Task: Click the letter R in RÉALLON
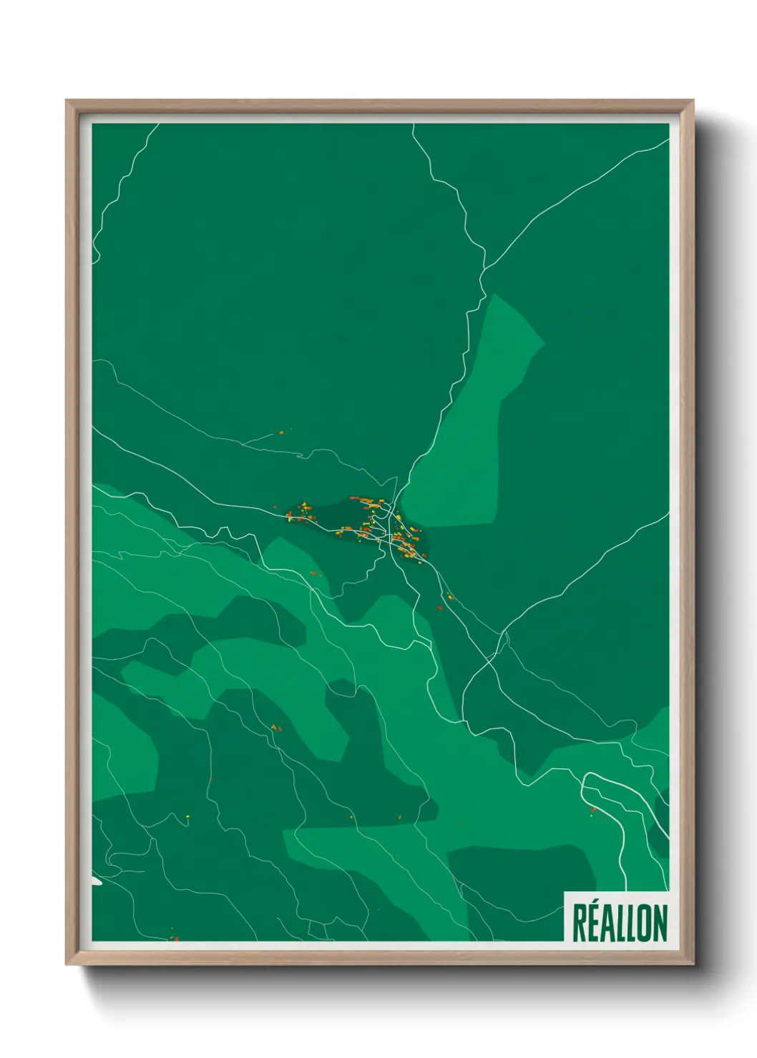pos(580,923)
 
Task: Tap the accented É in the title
pos(597,923)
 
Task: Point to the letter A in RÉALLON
pos(613,923)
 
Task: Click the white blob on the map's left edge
pos(96,881)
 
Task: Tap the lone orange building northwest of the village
pos(281,432)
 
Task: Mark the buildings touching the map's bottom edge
pos(172,936)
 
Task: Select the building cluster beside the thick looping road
pos(593,810)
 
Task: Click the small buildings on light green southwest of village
pos(275,727)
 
